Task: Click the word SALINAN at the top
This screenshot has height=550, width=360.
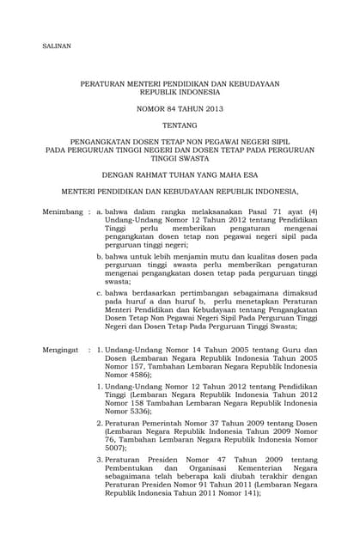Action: coord(57,45)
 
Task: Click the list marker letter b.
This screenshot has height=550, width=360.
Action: coord(100,256)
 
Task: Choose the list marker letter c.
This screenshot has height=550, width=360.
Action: coord(100,292)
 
